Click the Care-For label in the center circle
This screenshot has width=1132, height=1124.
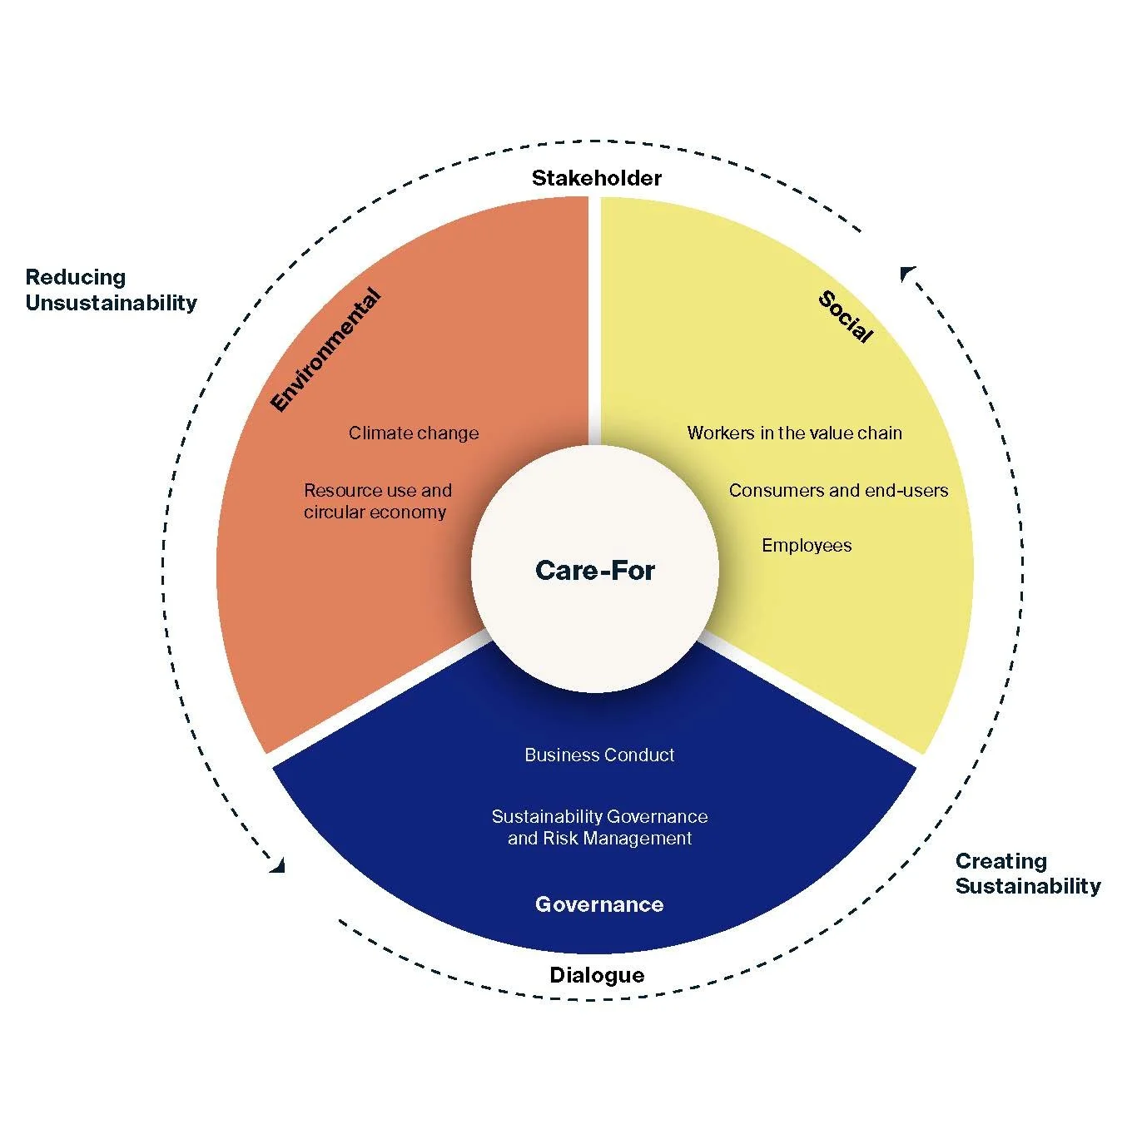[594, 570]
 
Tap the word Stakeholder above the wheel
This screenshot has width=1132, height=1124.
[596, 178]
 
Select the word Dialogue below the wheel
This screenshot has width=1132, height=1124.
[597, 975]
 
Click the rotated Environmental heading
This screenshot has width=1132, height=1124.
[326, 350]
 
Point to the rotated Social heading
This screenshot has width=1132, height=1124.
[846, 317]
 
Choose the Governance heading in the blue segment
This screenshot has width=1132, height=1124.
[599, 904]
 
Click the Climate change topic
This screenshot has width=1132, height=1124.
[414, 433]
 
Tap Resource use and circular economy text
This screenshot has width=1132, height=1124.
[377, 501]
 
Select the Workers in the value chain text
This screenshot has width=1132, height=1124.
[794, 433]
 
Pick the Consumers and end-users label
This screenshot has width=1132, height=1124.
[838, 490]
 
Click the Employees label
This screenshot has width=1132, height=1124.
[807, 546]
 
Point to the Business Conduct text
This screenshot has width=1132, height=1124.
[599, 755]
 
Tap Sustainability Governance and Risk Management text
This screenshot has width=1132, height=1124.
[599, 827]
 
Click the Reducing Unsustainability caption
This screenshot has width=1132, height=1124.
[111, 290]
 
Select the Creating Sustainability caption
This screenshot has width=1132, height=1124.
[1027, 873]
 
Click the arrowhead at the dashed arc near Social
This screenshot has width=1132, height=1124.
[907, 273]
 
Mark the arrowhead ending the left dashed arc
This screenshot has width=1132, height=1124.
[278, 866]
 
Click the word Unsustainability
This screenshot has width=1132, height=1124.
[111, 302]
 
